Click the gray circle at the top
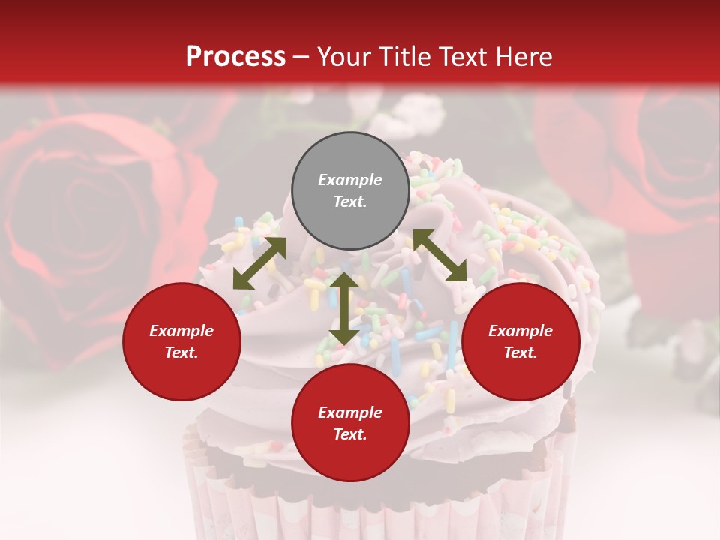pyautogui.click(x=350, y=191)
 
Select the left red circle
pyautogui.click(x=181, y=341)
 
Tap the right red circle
pyautogui.click(x=520, y=341)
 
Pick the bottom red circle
pyautogui.click(x=350, y=422)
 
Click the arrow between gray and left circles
pyautogui.click(x=259, y=263)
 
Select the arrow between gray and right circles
pyautogui.click(x=439, y=255)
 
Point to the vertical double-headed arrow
pyautogui.click(x=344, y=307)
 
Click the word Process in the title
pyautogui.click(x=235, y=57)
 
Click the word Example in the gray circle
pyautogui.click(x=350, y=180)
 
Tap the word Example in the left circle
pyautogui.click(x=181, y=331)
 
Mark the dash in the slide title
pyautogui.click(x=301, y=58)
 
